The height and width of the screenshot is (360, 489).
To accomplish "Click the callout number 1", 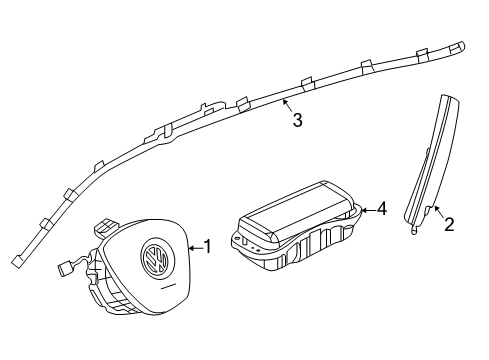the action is (207, 247).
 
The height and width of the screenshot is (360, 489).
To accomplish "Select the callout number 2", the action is (449, 224).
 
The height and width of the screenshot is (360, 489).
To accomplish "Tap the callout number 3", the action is (297, 120).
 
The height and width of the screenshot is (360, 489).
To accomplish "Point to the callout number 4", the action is (382, 209).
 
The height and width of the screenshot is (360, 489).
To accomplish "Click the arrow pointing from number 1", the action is (195, 248).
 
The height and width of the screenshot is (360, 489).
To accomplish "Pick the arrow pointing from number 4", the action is (369, 210).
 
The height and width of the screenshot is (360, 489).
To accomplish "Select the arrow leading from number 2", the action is (439, 212).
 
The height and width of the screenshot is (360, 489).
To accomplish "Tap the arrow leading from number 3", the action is (287, 105).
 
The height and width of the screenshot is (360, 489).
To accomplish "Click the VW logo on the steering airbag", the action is (154, 258).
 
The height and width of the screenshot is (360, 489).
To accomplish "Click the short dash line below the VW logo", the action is (168, 287).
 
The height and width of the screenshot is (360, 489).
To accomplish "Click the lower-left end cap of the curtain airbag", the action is (16, 261).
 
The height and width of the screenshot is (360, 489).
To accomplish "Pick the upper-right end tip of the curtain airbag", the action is (457, 47).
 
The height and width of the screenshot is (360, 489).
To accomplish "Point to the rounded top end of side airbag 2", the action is (451, 99).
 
